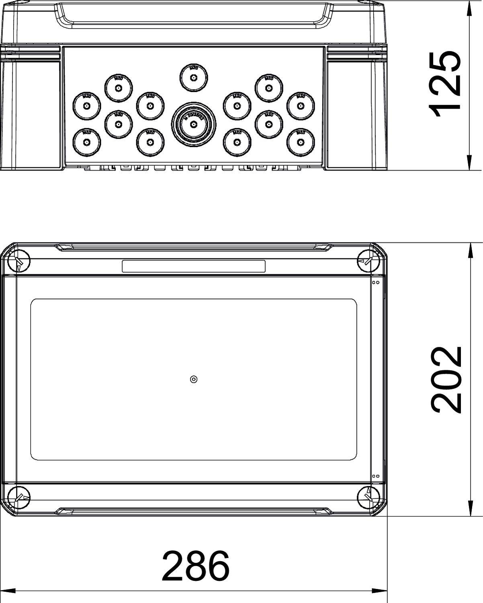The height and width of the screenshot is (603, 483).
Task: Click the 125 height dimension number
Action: [x=445, y=85]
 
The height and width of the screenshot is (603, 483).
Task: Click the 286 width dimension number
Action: [x=196, y=566]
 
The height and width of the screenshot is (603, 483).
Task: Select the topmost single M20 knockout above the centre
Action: [x=193, y=78]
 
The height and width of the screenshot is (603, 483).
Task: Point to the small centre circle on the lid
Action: [x=193, y=379]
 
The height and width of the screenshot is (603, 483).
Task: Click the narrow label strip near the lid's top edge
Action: [x=193, y=266]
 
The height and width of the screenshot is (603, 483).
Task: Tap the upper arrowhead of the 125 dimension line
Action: [x=469, y=8]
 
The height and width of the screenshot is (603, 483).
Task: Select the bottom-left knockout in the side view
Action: [x=86, y=142]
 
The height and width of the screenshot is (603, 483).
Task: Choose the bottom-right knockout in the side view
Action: [x=300, y=142]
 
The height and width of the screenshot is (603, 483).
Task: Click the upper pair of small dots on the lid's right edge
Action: [x=376, y=283]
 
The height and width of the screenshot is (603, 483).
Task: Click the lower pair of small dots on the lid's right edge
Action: [x=376, y=476]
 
